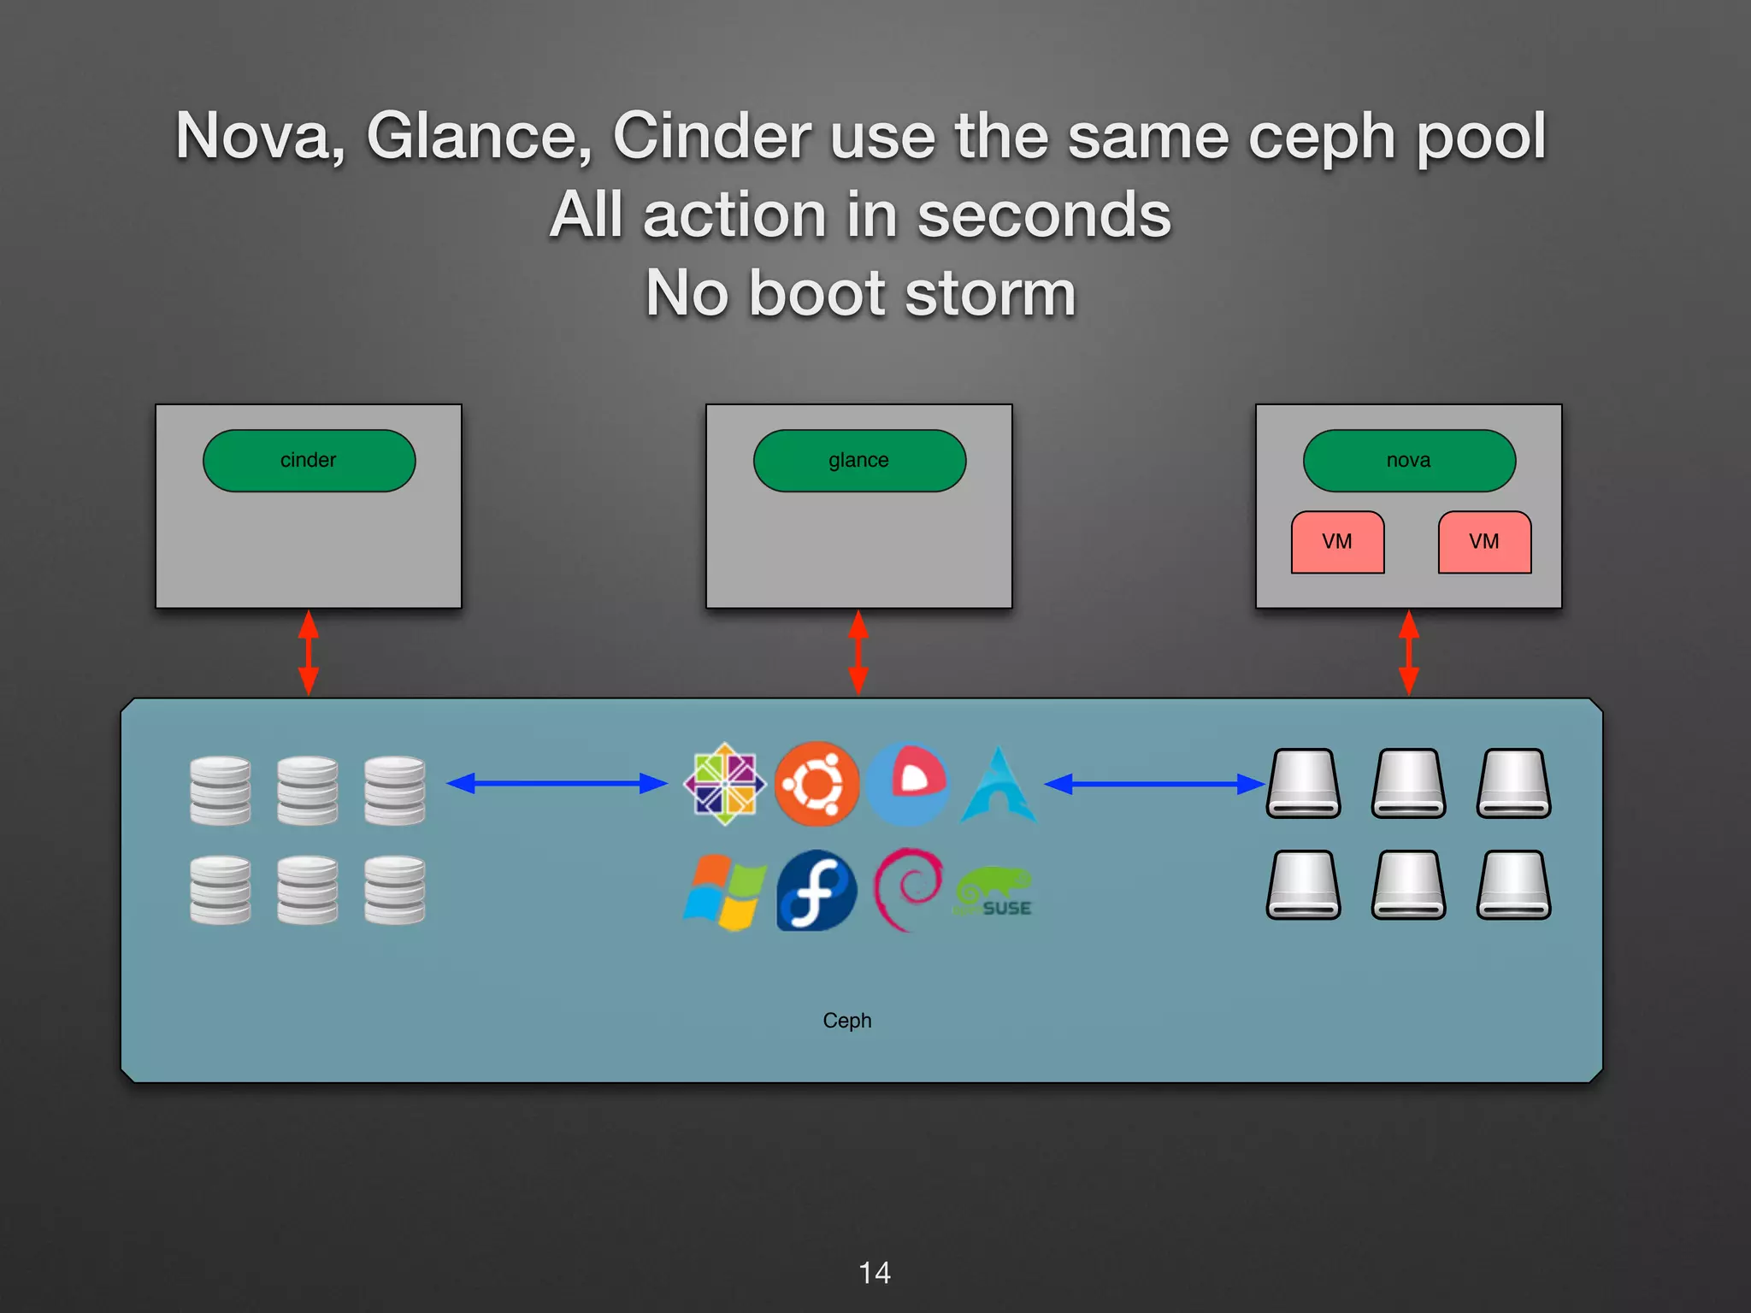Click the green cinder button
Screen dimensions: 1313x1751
pos(309,461)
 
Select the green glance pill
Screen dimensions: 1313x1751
pos(859,461)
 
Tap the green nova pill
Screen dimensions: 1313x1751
pos(1409,461)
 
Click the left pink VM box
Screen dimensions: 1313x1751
pos(1337,542)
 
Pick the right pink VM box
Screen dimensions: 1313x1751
pos(1484,542)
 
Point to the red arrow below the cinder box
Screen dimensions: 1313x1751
pos(309,652)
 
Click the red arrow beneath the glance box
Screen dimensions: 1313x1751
pos(858,652)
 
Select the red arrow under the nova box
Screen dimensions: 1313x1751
pos(1409,652)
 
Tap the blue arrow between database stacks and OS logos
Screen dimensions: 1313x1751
pos(557,783)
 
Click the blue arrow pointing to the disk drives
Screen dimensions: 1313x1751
pos(1154,784)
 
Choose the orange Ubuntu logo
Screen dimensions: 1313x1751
pos(817,783)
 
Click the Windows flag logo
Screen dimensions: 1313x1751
pos(724,892)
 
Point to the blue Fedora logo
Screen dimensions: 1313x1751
pos(817,891)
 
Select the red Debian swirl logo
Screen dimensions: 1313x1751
pos(908,889)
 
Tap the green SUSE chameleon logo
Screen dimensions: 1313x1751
pos(994,892)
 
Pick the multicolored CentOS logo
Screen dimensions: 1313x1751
pos(725,783)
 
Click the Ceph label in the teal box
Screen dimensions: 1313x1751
pos(847,1021)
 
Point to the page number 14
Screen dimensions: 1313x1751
pos(875,1273)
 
